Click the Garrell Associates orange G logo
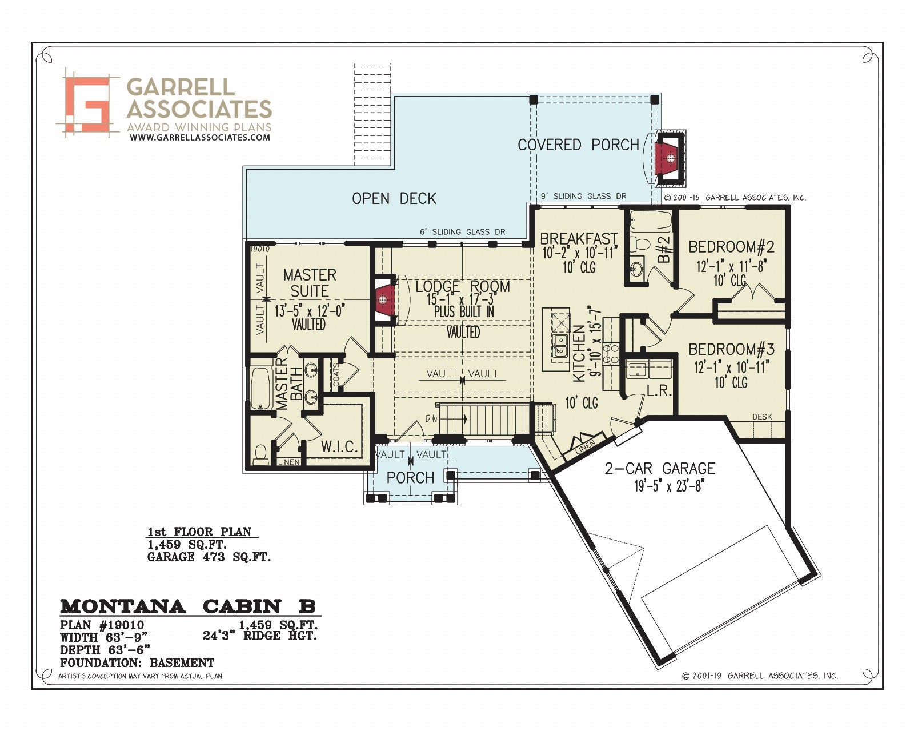point(87,104)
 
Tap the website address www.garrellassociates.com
point(199,137)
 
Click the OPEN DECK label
point(394,198)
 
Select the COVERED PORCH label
point(579,145)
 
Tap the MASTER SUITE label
point(310,283)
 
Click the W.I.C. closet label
point(339,447)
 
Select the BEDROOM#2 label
point(731,246)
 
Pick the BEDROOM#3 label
point(731,349)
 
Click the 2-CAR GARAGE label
point(660,468)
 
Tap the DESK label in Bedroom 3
point(763,417)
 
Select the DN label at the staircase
point(431,419)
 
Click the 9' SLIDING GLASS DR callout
point(584,196)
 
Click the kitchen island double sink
point(560,346)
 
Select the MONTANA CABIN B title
point(188,606)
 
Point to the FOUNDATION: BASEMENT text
point(137,662)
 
